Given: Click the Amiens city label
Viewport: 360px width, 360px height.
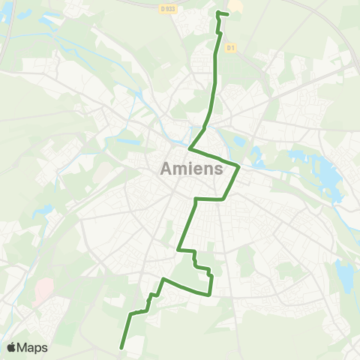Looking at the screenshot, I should (x=191, y=169).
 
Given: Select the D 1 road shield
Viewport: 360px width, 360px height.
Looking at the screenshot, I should (x=232, y=47).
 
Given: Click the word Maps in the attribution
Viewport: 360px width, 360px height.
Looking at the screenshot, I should (x=33, y=348).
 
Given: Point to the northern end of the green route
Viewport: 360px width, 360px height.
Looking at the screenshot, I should (x=218, y=13).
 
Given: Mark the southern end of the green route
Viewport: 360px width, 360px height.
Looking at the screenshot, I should (x=121, y=346).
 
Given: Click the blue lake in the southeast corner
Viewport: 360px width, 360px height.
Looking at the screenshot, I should (x=345, y=276).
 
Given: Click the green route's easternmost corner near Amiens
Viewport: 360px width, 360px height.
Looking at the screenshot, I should (x=238, y=166).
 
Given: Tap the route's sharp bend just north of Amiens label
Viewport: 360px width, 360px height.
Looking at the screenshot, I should (x=190, y=148).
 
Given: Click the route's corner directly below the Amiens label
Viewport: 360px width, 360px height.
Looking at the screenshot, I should (x=196, y=199).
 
